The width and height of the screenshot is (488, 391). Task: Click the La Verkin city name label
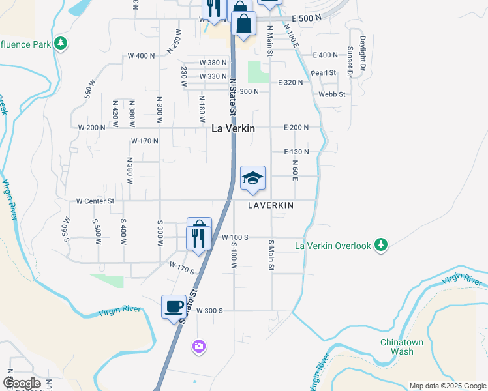[x=233, y=128]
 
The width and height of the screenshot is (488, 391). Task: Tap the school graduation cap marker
[x=252, y=178]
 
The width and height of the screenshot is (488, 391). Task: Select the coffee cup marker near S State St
[x=174, y=306]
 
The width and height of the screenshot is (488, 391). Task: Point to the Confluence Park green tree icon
[x=61, y=44]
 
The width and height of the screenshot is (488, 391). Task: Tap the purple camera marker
[x=199, y=345]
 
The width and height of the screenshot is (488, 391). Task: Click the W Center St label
[x=95, y=201]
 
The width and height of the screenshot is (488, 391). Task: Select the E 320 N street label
[x=291, y=83]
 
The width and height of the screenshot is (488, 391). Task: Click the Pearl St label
[x=323, y=73]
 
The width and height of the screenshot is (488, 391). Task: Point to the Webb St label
[x=331, y=94]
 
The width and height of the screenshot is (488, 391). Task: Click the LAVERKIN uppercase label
[x=271, y=205]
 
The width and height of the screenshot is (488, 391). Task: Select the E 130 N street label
[x=296, y=151]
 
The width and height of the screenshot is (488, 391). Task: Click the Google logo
[x=22, y=383]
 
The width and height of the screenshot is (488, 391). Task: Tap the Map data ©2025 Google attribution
[x=447, y=386]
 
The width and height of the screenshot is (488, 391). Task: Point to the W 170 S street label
[x=183, y=267]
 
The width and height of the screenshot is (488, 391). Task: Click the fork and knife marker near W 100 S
[x=198, y=237]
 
